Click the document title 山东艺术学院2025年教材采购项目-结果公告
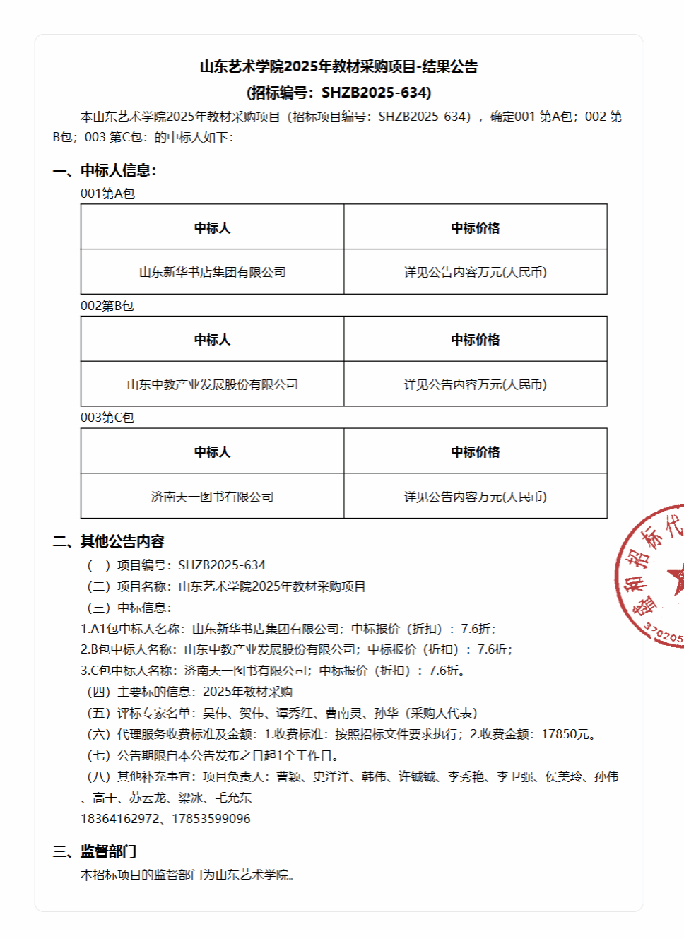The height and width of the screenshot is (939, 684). [338, 67]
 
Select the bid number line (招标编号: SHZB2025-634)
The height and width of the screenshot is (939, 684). [338, 93]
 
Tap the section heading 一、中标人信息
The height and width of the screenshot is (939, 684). [105, 170]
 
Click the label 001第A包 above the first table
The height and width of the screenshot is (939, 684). [107, 194]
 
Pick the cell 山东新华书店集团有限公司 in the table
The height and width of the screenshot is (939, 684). [212, 272]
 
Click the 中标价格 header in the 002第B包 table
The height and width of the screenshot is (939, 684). [475, 340]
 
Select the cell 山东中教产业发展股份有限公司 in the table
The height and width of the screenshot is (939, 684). [212, 384]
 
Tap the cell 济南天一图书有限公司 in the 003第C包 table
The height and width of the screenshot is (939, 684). [212, 497]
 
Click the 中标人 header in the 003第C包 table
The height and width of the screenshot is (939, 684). [212, 452]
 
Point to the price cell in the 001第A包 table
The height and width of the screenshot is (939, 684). [475, 272]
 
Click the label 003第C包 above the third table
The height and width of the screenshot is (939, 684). [107, 418]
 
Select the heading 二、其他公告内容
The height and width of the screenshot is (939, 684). [108, 541]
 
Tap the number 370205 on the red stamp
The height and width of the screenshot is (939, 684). [664, 634]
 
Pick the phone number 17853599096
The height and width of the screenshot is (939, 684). [211, 819]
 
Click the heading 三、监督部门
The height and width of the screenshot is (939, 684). [95, 851]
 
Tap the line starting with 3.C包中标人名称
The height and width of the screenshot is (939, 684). [272, 671]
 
